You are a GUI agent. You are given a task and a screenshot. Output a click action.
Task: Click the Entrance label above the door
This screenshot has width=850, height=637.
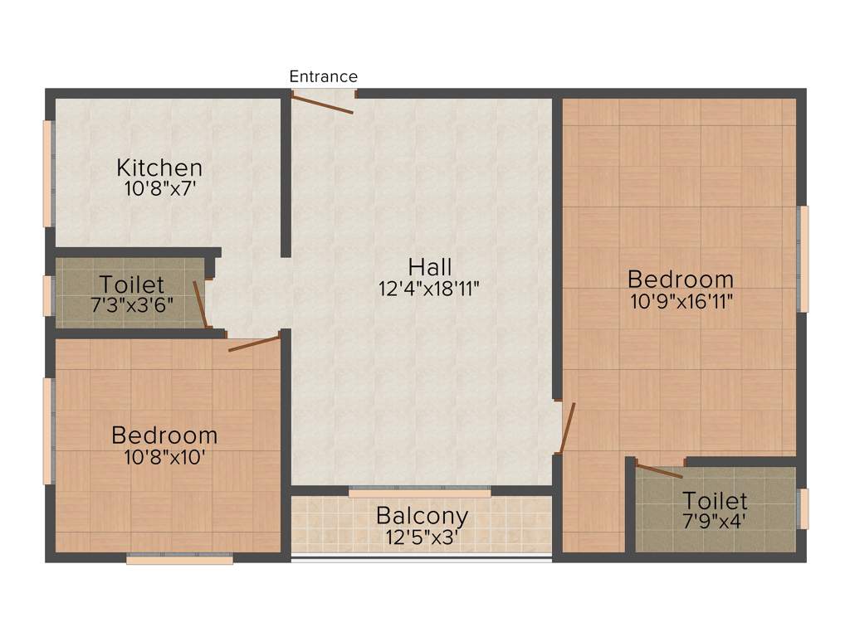[323, 76]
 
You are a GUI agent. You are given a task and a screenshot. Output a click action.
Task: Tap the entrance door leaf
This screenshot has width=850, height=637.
[322, 105]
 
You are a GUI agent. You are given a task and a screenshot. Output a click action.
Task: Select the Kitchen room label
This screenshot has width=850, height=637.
[159, 168]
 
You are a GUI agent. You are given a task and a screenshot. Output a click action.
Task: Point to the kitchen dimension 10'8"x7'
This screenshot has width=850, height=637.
[159, 188]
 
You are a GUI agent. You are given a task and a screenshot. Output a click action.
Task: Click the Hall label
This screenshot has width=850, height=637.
[430, 267]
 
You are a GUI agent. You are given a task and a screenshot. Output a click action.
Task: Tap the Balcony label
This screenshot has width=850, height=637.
[422, 515]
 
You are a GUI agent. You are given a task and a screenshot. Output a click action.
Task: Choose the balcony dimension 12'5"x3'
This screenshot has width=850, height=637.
[422, 537]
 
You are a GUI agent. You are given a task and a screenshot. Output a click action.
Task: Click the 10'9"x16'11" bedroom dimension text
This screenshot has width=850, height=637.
[681, 300]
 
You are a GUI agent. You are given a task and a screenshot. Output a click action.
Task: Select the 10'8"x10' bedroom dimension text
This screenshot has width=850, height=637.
[164, 456]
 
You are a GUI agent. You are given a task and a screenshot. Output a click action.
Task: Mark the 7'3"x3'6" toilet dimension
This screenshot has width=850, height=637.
[132, 304]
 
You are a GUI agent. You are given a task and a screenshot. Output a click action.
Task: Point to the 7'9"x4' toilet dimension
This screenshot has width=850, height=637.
[715, 523]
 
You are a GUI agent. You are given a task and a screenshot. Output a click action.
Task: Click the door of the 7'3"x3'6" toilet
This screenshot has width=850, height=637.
[199, 304]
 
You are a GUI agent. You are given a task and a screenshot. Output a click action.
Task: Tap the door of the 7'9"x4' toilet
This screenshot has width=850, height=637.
[659, 471]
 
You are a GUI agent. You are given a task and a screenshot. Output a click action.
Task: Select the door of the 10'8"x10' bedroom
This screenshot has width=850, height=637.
[254, 343]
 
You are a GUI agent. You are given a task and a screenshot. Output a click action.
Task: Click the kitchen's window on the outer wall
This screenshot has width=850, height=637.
[48, 173]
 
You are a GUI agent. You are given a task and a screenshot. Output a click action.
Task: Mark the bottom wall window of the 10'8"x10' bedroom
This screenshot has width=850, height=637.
[179, 560]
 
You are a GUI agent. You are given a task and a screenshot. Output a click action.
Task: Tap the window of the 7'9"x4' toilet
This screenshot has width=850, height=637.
[802, 508]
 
